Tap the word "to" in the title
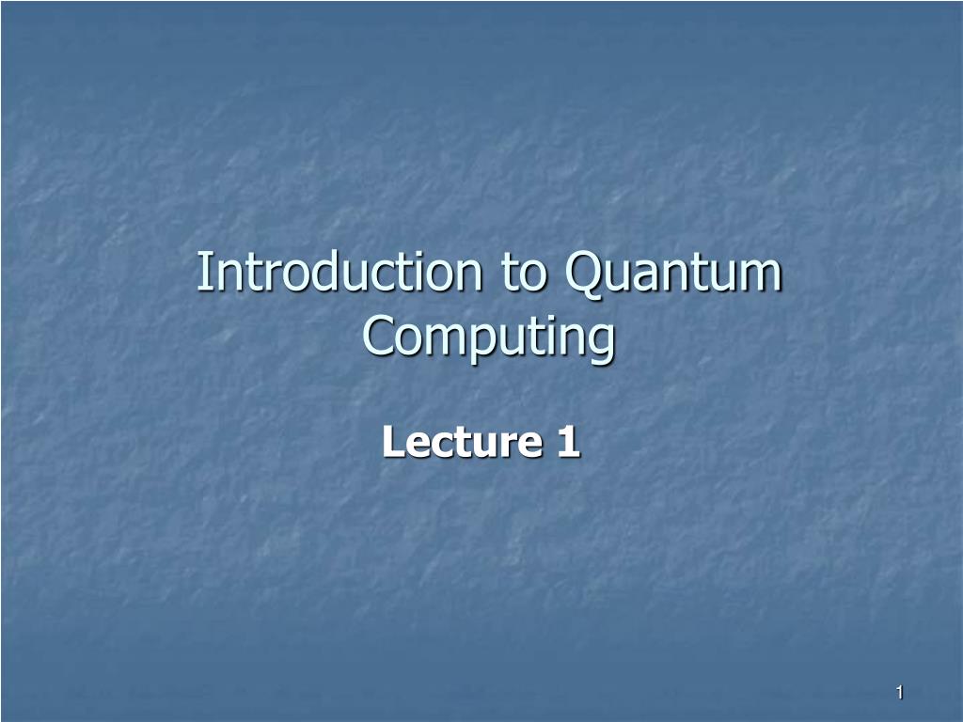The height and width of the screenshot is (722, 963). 530,274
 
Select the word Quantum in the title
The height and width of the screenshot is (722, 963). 674,274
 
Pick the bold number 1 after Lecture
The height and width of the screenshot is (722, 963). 567,442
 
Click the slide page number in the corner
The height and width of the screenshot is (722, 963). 899,693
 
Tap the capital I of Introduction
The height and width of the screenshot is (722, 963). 203,274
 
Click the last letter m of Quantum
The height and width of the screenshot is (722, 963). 763,275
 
